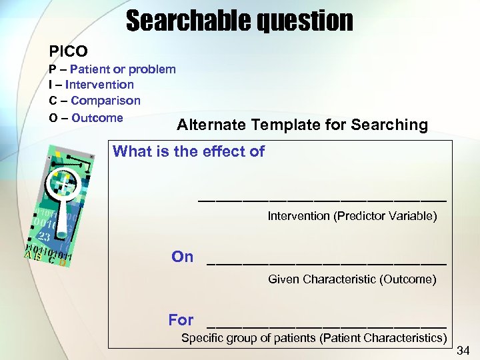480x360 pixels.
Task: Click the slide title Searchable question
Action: click(239, 21)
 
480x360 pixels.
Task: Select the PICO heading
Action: click(68, 51)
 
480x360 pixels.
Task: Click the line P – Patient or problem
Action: click(112, 69)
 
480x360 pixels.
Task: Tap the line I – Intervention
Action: click(91, 85)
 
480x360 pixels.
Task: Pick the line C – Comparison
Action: click(95, 101)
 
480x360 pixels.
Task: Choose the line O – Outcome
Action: click(86, 118)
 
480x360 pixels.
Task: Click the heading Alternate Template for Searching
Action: click(302, 125)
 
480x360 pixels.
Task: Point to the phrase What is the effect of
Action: click(189, 151)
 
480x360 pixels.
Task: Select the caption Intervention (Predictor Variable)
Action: click(352, 216)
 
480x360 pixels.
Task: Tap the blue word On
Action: click(183, 257)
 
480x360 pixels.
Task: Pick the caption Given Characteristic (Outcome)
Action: click(352, 279)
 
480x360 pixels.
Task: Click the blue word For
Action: click(181, 320)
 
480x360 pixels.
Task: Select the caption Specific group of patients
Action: click(314, 338)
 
